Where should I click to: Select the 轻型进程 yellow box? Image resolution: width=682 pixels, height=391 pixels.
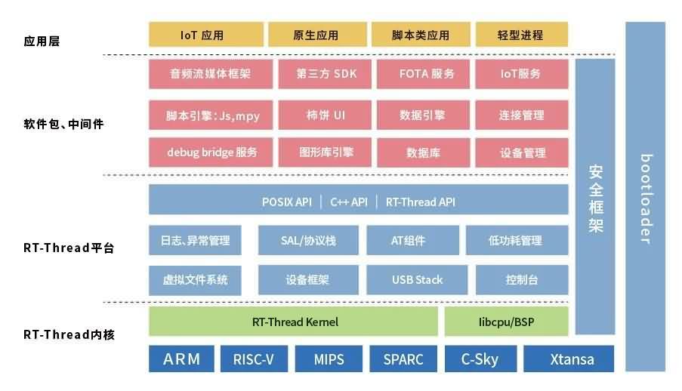pos(520,35)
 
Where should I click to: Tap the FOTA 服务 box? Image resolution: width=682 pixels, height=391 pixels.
pos(427,74)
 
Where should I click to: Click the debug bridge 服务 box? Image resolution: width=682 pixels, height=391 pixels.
pos(211,152)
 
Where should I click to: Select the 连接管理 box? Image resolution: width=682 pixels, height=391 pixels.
pos(521,115)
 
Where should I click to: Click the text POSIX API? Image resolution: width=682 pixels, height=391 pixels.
pos(287,202)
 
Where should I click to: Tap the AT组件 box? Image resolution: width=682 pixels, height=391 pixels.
pos(408,241)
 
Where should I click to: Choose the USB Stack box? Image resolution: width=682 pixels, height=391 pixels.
pos(417,280)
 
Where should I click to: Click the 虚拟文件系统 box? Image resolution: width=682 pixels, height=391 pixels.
pos(195,280)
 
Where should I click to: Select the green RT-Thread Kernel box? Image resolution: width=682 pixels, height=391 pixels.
pos(294,322)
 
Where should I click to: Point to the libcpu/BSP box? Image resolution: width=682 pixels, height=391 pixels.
pos(505,322)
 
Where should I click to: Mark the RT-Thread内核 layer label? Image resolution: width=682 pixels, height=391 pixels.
pos(69,334)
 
